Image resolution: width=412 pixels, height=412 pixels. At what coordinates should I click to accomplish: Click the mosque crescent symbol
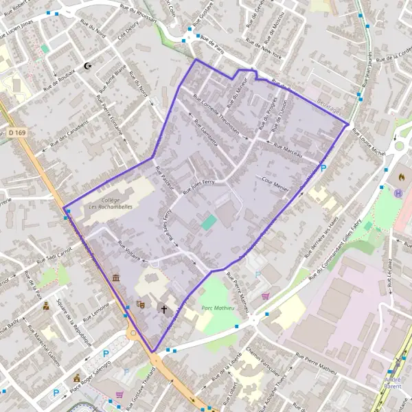click(87, 66)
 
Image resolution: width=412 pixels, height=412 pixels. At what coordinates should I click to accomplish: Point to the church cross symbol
click(164, 310)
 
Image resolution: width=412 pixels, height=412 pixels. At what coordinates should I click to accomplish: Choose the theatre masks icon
click(141, 304)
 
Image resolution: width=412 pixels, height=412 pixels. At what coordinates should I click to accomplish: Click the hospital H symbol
click(398, 193)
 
